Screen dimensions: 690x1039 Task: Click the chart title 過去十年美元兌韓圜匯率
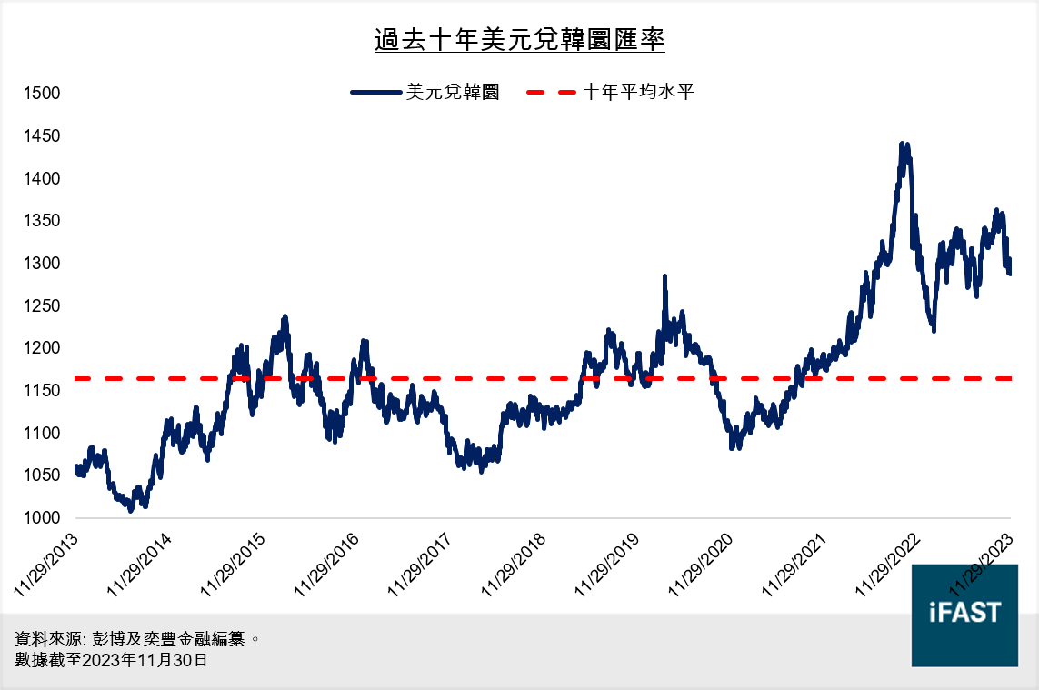pos(519,42)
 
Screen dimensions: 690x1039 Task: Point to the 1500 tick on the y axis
pos(42,94)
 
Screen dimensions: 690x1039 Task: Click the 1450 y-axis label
pos(42,136)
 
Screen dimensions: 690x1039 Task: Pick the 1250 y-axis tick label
pos(42,306)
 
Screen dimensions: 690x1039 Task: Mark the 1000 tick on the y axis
pos(42,518)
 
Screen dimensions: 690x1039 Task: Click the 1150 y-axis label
pos(42,391)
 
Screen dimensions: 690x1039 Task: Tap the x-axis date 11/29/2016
pos(327,564)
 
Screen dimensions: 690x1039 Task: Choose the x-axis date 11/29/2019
pos(607,564)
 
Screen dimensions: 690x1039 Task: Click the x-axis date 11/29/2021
pos(794,564)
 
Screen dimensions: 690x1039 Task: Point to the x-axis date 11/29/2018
pos(514,564)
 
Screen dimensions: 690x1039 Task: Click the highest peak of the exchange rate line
pos(902,145)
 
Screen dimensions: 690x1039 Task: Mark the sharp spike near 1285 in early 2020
pos(664,276)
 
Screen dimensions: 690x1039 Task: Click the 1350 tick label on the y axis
pos(42,221)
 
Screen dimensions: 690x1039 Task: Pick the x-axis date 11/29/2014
pos(141,564)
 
